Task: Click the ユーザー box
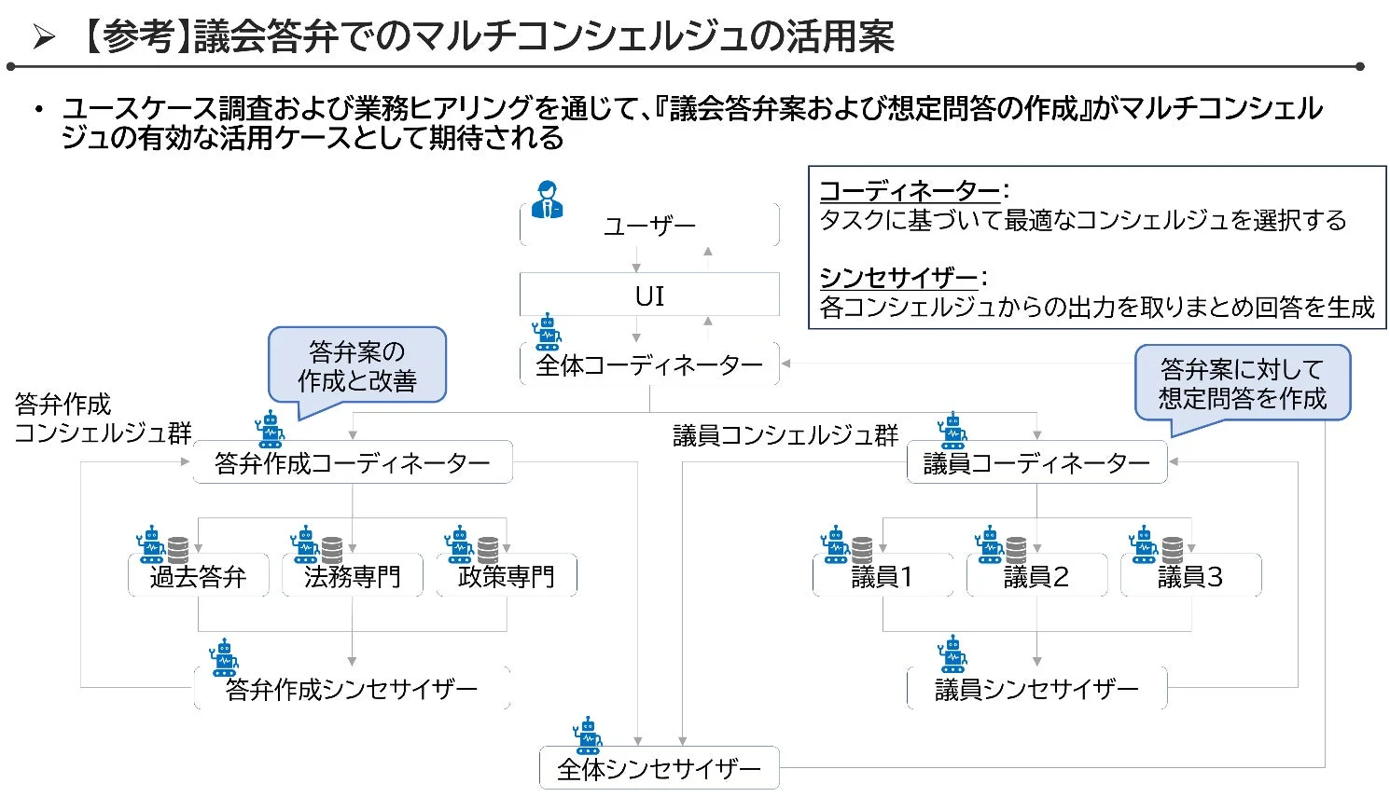[x=649, y=226]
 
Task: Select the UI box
[x=649, y=295]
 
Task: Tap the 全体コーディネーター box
[x=649, y=365]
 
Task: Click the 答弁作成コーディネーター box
[x=353, y=462]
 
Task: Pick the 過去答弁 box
[x=199, y=576]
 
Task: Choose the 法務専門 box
[x=353, y=576]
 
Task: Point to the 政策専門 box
[x=507, y=576]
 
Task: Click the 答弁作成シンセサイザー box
[x=353, y=689]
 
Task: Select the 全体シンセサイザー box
[x=659, y=768]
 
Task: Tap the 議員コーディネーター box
[x=1036, y=462]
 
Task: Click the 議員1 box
[x=883, y=576]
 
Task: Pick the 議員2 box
[x=1036, y=576]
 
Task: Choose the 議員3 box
[x=1190, y=576]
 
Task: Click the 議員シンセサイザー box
[x=1036, y=689]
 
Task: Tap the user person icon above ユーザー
[x=548, y=199]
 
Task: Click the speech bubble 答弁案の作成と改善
[x=357, y=366]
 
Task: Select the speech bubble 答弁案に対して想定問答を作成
[x=1242, y=383]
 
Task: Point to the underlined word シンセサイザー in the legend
[x=898, y=278]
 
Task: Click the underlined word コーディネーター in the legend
[x=910, y=191]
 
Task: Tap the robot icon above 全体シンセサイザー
[x=588, y=735]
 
